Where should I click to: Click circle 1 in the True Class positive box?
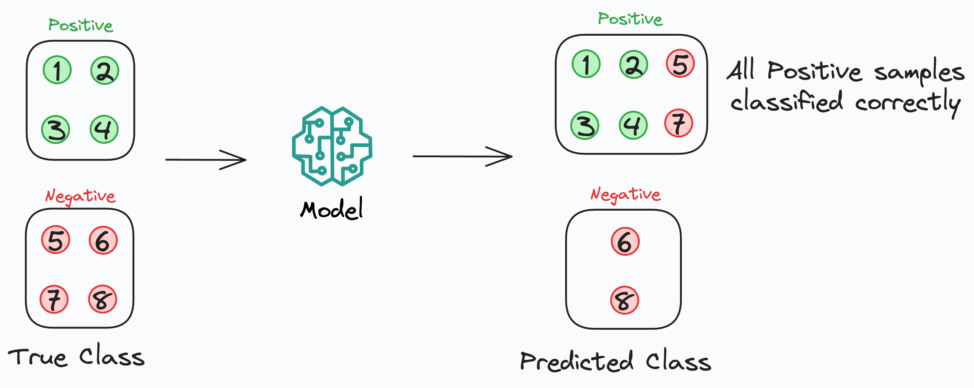(57, 70)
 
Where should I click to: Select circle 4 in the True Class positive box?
(104, 129)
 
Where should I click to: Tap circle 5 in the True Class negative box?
(55, 240)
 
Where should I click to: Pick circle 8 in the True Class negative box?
(102, 299)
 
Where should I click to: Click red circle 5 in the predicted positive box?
(680, 63)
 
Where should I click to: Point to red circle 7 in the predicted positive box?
(679, 123)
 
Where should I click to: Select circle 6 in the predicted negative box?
(625, 241)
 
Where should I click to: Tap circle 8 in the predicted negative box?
(625, 300)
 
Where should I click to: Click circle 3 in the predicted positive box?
(585, 125)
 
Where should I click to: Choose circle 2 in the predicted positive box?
(633, 64)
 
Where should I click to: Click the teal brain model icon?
(332, 146)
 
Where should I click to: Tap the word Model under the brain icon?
(331, 209)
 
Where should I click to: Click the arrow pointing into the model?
(206, 160)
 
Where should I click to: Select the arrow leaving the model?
(462, 156)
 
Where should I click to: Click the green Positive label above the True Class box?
(80, 25)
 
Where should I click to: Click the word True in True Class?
(38, 357)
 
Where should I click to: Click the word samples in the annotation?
(919, 72)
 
